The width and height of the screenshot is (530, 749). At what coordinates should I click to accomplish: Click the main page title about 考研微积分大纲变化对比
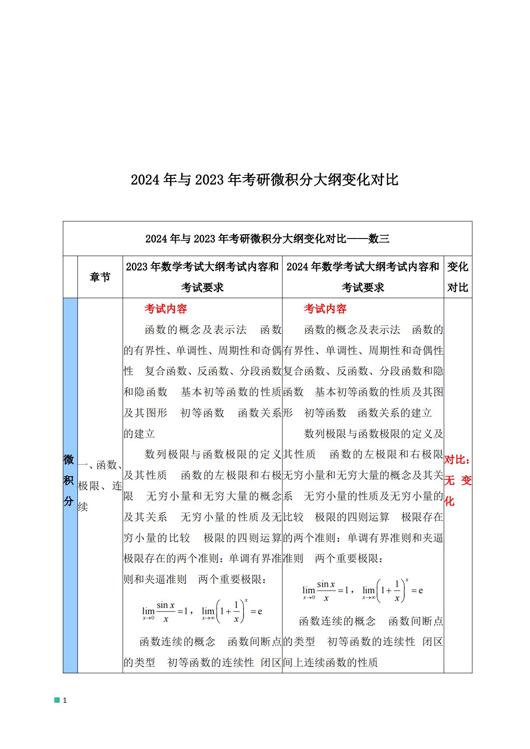pos(265,180)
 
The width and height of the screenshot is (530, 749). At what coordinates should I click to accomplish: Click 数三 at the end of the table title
pos(379,239)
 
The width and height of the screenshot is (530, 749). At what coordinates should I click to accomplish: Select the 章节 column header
pos(100,277)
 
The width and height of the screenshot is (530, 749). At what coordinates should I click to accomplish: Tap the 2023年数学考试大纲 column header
pos(202,277)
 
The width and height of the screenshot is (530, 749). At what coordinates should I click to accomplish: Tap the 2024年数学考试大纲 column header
pos(363,277)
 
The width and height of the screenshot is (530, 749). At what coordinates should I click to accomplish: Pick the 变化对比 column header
pos(457,277)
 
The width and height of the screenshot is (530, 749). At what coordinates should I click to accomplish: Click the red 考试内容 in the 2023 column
pos(166,309)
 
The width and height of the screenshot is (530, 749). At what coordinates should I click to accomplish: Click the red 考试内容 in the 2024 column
pos(325,309)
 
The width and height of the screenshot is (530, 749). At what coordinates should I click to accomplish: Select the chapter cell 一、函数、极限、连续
pos(100,486)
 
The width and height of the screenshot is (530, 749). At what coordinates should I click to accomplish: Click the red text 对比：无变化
pos(457,481)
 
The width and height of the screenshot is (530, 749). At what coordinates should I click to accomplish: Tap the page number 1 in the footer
pos(65,700)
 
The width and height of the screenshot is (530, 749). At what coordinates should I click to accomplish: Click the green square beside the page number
pos(57,700)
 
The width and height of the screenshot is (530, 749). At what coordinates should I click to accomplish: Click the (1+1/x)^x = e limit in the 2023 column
pos(232,611)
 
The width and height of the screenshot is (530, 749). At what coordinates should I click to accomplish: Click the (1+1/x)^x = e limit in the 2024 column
pos(392,591)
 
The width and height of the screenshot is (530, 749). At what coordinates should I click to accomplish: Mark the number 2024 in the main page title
pos(145,180)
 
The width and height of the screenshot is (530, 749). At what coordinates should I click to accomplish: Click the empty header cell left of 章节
pos(70,277)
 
